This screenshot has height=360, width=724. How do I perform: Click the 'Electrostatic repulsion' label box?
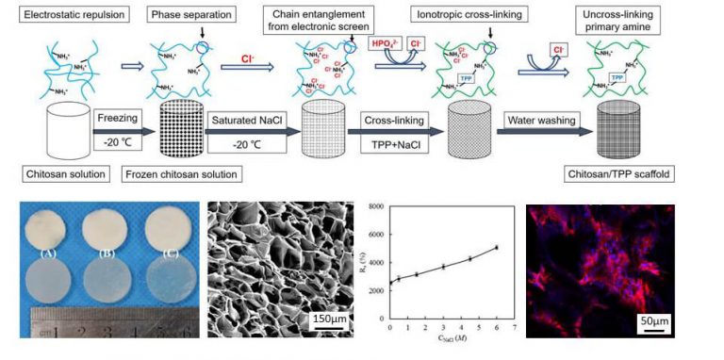click(x=59, y=17)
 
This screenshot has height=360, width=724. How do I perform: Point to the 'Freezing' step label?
click(x=117, y=119)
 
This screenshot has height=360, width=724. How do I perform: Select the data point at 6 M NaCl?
click(x=496, y=248)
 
